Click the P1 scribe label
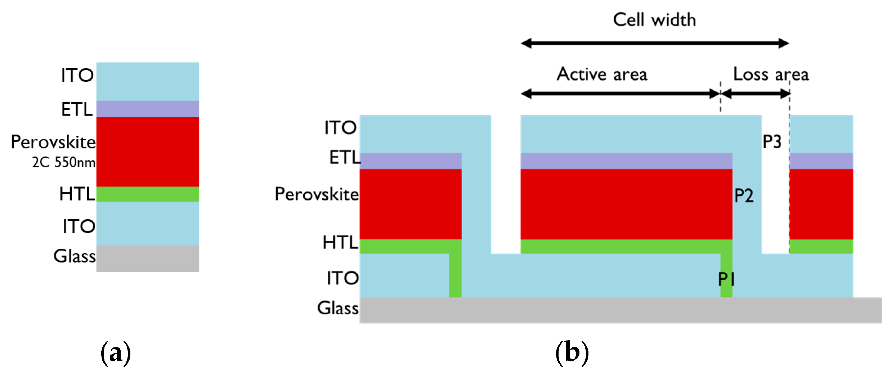tap(726, 279)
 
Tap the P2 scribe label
tap(744, 196)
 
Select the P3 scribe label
tap(772, 142)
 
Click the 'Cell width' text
tap(654, 20)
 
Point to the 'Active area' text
tap(602, 74)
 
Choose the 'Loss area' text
tap(771, 74)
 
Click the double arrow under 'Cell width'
tap(655, 44)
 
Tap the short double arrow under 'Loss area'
tap(756, 94)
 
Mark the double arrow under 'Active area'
tap(620, 94)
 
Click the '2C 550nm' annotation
tap(64, 162)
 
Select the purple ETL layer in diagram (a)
tap(148, 109)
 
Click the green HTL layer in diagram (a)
tap(148, 194)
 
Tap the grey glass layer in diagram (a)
tap(148, 258)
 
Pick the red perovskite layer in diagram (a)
tap(148, 152)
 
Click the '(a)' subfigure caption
tap(116, 353)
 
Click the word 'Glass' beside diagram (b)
tap(338, 308)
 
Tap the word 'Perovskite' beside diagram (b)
tap(317, 194)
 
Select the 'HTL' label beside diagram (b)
tap(340, 242)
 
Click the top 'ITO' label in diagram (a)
tap(77, 75)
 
